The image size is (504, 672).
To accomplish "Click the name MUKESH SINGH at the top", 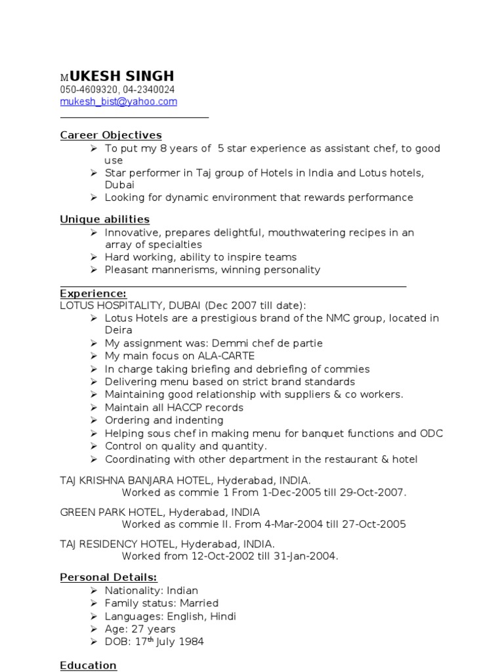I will pos(117,75).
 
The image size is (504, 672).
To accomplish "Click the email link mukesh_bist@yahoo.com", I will pos(118,102).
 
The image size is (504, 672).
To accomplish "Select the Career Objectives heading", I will pos(111,135).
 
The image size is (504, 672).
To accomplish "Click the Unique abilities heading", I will pos(105,219).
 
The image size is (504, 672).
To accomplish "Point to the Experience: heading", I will pos(93,293).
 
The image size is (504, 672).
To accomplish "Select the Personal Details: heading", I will pos(108,577).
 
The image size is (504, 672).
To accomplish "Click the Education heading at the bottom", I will pos(88,665).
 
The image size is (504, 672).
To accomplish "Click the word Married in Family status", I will pos(199,603).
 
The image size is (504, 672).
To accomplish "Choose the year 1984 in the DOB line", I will pos(191,642).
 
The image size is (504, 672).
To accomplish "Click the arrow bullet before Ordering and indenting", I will pos(93,420).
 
